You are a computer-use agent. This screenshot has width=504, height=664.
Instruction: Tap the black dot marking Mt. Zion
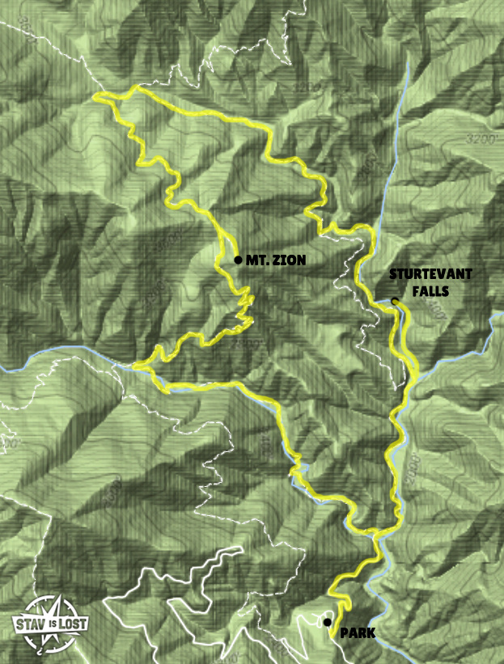(237, 260)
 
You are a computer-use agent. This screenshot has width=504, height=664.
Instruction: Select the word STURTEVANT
(430, 274)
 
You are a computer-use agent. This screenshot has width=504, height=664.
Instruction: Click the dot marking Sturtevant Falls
(395, 302)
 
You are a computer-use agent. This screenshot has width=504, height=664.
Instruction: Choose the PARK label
(357, 633)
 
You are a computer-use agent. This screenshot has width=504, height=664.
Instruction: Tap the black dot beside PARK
(327, 622)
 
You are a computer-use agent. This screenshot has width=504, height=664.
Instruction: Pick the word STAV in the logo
(29, 623)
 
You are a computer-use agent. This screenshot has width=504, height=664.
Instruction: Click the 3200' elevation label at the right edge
(482, 140)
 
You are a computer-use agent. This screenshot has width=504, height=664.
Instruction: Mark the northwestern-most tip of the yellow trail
(95, 98)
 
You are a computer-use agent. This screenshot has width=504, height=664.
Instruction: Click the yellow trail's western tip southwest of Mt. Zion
(135, 366)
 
